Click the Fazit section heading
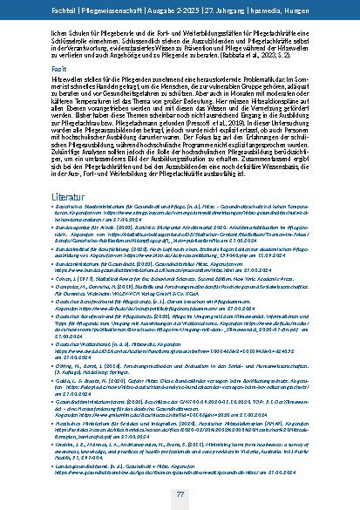point(60,67)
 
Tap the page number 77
point(179,493)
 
